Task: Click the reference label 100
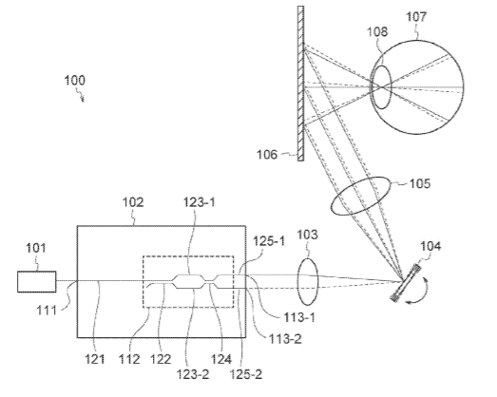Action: tap(75, 80)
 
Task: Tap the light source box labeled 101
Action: tap(37, 281)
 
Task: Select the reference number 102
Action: tap(133, 202)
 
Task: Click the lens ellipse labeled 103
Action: tap(307, 282)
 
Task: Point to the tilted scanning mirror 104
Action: tap(406, 282)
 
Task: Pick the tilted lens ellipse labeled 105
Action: tap(361, 196)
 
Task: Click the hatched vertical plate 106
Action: tap(301, 84)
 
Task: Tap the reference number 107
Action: tap(416, 16)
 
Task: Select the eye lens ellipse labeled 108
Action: tap(381, 87)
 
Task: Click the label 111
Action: tap(47, 310)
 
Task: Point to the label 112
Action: tap(129, 359)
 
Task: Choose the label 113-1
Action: tap(299, 317)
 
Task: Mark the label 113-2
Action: tap(285, 339)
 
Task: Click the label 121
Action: tap(95, 359)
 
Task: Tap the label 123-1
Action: tap(199, 202)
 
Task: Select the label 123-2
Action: tap(193, 374)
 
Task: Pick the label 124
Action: tap(221, 359)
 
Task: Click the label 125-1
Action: tap(269, 241)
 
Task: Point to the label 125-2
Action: tap(245, 374)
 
